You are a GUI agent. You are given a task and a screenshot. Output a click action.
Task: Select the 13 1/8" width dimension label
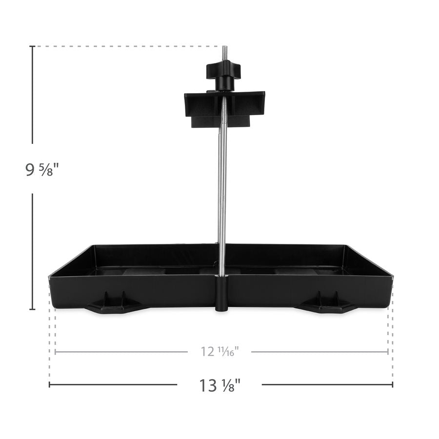pos(220,385)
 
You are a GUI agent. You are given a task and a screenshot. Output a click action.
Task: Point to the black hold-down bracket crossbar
pos(224,103)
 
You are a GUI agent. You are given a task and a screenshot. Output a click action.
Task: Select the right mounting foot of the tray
pos(327,304)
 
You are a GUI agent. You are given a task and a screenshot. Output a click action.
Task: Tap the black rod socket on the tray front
pos(222,293)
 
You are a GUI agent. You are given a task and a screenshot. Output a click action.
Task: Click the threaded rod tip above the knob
pos(224,53)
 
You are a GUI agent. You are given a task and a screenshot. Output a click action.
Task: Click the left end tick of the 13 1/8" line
pos(50,384)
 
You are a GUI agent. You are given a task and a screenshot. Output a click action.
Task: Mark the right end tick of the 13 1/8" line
pos(393,384)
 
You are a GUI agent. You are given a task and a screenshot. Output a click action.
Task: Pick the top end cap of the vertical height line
pos(33,46)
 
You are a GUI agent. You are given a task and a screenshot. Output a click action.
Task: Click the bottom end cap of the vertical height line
pos(33,309)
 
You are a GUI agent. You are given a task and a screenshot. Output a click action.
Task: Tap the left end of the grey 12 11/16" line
pos(56,351)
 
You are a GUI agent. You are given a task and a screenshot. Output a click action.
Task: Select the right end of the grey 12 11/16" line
pos(388,351)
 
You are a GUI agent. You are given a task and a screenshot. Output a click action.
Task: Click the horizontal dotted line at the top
pos(127,46)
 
